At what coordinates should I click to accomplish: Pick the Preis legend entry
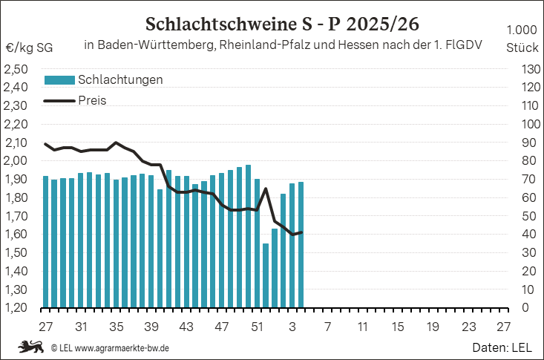tap(93, 100)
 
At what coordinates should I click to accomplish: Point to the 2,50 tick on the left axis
tap(16, 69)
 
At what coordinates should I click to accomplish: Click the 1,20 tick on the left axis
tap(16, 308)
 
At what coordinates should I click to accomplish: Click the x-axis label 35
tap(117, 327)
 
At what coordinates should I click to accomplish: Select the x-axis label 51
tap(257, 327)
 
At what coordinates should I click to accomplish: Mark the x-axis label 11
tap(362, 327)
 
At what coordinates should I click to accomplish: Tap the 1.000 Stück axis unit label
tap(522, 39)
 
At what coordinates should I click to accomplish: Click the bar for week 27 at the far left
tap(45, 241)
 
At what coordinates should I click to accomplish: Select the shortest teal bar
tap(266, 275)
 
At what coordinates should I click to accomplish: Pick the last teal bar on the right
tap(301, 244)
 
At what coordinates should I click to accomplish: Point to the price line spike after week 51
tap(266, 189)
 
